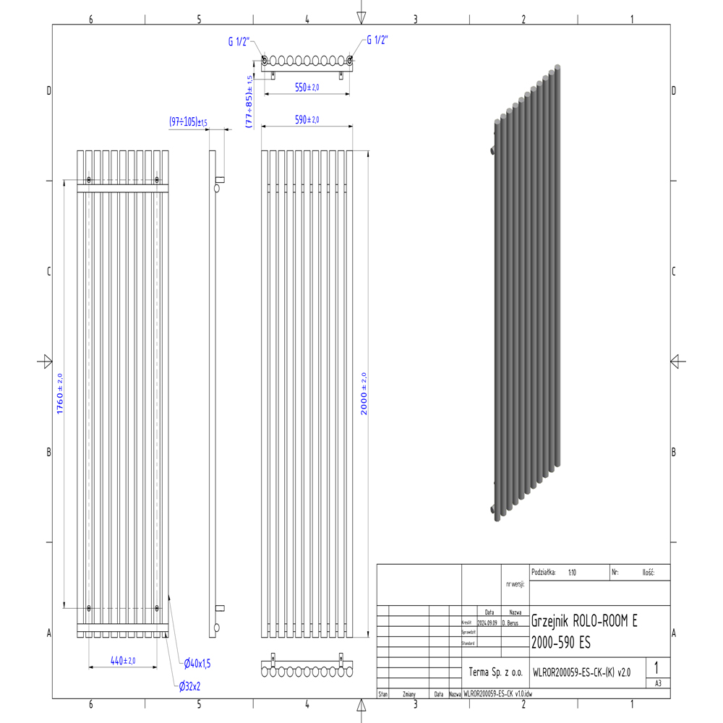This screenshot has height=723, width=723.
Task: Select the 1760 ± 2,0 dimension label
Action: pyautogui.click(x=60, y=393)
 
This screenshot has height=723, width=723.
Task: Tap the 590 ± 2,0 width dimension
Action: pyautogui.click(x=307, y=119)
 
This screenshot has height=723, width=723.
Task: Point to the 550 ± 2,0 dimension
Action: pyautogui.click(x=307, y=87)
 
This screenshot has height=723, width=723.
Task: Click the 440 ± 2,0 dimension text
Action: pyautogui.click(x=123, y=660)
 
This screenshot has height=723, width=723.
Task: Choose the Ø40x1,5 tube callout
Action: pyautogui.click(x=197, y=662)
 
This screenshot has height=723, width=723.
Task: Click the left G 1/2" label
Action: pyautogui.click(x=239, y=41)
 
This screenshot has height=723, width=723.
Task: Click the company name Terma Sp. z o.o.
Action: pyautogui.click(x=495, y=672)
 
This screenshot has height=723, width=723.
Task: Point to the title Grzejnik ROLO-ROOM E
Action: pyautogui.click(x=585, y=621)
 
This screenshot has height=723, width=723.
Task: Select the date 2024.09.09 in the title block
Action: pyautogui.click(x=487, y=622)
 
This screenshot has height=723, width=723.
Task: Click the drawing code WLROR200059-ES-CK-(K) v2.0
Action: pyautogui.click(x=581, y=672)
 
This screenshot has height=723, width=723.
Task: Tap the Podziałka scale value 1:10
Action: pyautogui.click(x=572, y=572)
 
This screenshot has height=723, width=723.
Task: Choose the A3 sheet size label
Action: pyautogui.click(x=657, y=683)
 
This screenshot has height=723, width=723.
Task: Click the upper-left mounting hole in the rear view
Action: pyautogui.click(x=89, y=179)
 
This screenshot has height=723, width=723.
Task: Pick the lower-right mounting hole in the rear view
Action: pyautogui.click(x=157, y=608)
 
